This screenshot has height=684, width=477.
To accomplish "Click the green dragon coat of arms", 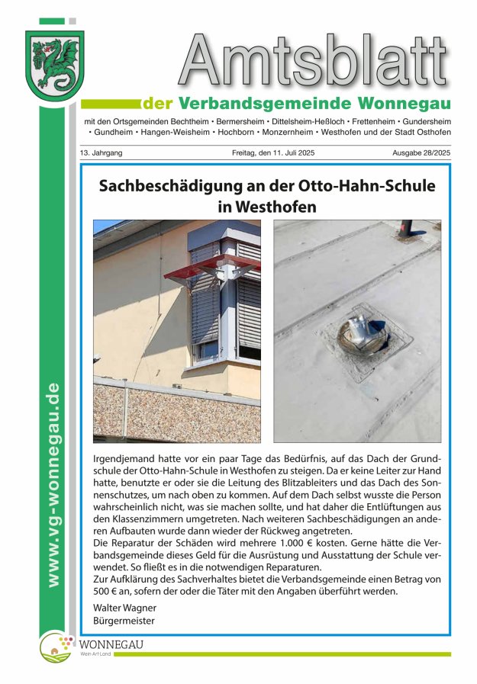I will [x=54, y=66].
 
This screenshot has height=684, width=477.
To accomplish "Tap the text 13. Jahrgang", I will [x=101, y=153].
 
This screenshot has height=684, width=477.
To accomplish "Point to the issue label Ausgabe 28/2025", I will [x=421, y=153].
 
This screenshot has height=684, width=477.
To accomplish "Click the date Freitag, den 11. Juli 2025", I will [x=273, y=153].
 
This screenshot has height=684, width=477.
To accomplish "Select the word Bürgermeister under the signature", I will [x=124, y=621].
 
